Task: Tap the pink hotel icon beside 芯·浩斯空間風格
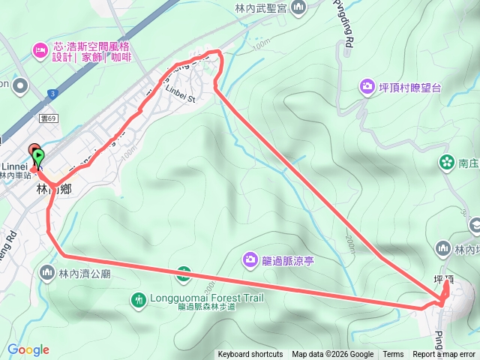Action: tap(39, 50)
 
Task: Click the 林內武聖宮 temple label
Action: tap(261, 7)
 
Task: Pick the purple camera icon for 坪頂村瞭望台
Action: tap(367, 87)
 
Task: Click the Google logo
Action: tap(28, 349)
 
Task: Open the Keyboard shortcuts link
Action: tap(250, 355)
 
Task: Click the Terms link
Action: tap(393, 355)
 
